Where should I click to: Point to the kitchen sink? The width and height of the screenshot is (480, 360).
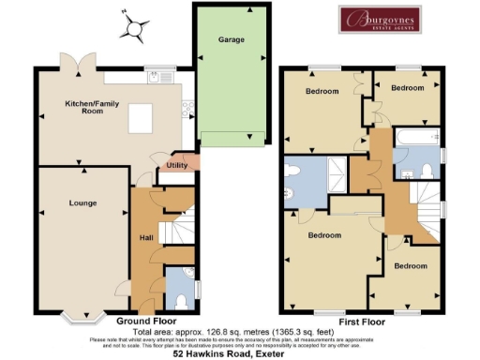click(x=153, y=78)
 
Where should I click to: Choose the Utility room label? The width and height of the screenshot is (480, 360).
click(x=177, y=166)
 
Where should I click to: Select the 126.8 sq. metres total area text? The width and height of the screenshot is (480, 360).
click(x=234, y=330)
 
